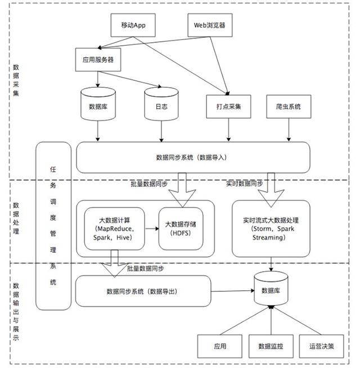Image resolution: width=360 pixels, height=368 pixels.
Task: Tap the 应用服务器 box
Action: [98, 59]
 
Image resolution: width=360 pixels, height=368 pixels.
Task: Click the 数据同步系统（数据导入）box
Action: [193, 158]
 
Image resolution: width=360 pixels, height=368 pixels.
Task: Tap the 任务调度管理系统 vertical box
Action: [53, 225]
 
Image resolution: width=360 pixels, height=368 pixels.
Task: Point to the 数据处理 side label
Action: [16, 219]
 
